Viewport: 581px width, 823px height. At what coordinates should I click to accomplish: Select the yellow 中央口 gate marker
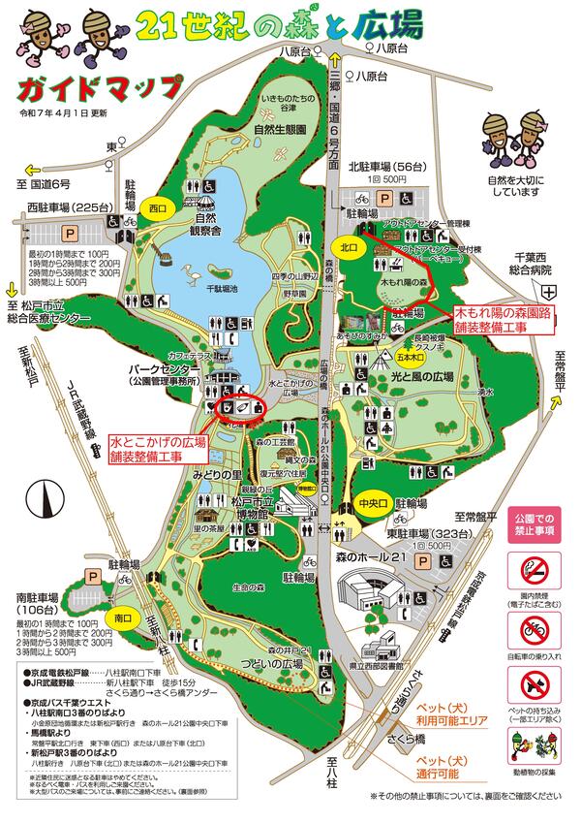tap(372, 504)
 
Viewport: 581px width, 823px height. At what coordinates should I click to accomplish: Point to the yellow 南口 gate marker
tap(123, 617)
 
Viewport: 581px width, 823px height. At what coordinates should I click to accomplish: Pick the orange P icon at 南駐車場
tap(94, 575)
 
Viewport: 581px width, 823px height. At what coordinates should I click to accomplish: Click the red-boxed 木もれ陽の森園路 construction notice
tap(504, 321)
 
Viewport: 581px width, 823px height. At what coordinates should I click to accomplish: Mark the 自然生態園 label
tap(280, 129)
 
